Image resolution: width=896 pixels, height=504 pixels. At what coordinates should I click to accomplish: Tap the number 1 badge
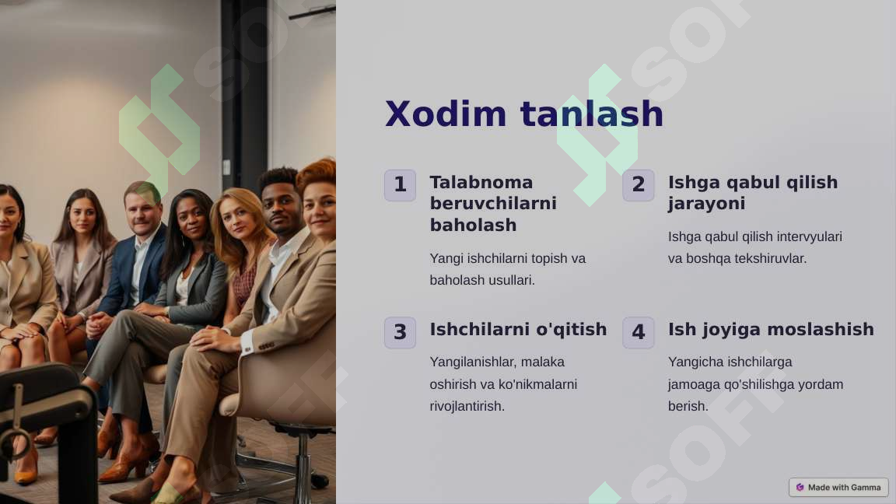point(400,185)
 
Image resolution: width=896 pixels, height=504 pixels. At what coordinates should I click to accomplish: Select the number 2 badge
point(639,185)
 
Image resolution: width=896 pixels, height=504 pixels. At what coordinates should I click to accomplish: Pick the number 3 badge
point(400,333)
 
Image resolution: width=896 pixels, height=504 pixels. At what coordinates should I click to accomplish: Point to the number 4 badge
point(639,333)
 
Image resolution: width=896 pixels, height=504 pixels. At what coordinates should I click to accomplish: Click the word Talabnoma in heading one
point(481,182)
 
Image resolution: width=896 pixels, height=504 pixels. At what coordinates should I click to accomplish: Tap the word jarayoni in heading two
point(706,204)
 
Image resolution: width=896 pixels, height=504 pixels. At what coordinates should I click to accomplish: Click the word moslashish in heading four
point(820,329)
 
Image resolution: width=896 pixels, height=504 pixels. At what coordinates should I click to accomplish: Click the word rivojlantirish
point(467,406)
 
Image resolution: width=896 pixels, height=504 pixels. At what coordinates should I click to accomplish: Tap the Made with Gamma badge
point(838,488)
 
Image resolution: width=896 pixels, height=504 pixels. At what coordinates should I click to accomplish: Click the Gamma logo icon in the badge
point(800,488)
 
